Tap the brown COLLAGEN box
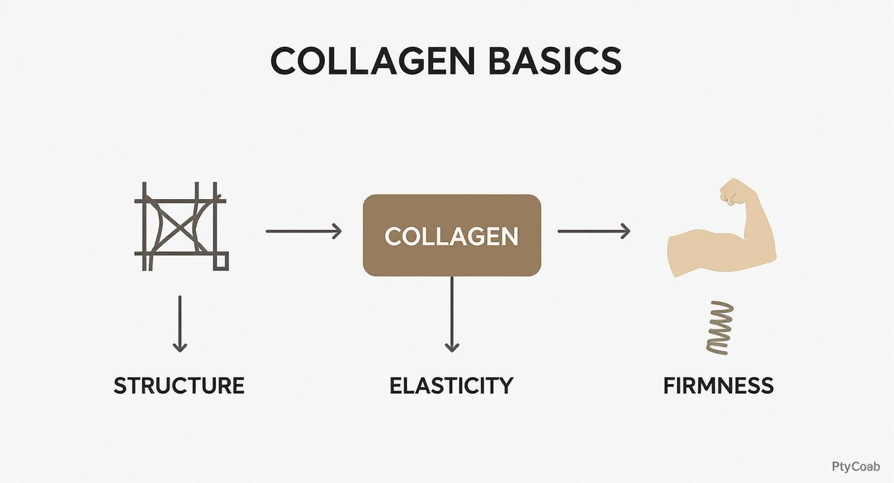click(x=451, y=236)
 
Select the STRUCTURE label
click(x=179, y=385)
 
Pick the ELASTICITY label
click(x=451, y=385)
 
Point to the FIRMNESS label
click(x=718, y=385)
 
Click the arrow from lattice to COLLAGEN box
click(x=303, y=231)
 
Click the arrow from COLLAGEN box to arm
click(x=593, y=231)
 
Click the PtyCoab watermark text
click(x=855, y=467)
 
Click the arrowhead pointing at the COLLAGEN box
click(x=337, y=231)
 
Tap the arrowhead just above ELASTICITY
click(x=452, y=347)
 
